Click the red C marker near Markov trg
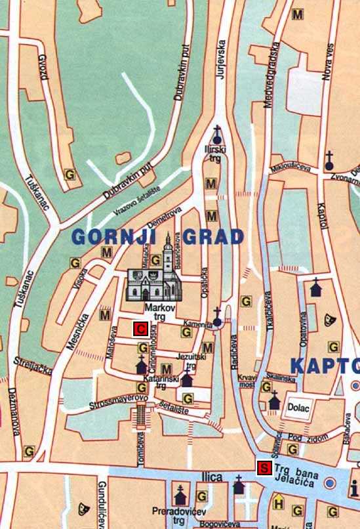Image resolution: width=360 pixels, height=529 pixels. point(139,329)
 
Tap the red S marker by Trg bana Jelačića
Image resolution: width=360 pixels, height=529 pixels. point(263,468)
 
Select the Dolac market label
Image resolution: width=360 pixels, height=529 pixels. point(298,408)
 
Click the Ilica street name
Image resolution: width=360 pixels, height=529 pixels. point(214,477)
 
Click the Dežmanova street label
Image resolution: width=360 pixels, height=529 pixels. point(15,411)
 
